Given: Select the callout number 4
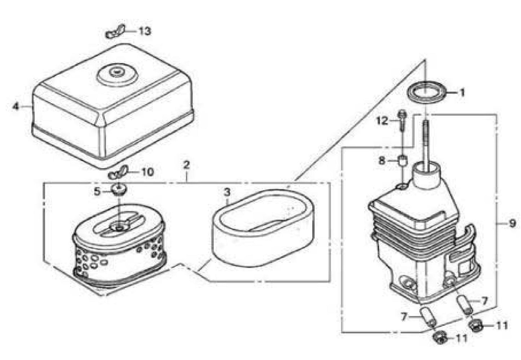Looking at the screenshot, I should coord(15,106).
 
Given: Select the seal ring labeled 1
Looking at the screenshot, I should coord(425,93).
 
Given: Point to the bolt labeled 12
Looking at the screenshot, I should coord(402,121).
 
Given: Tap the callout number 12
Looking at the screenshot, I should coord(383,120).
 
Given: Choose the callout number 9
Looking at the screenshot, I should coord(512,224).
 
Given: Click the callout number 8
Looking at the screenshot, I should coord(382,160).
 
